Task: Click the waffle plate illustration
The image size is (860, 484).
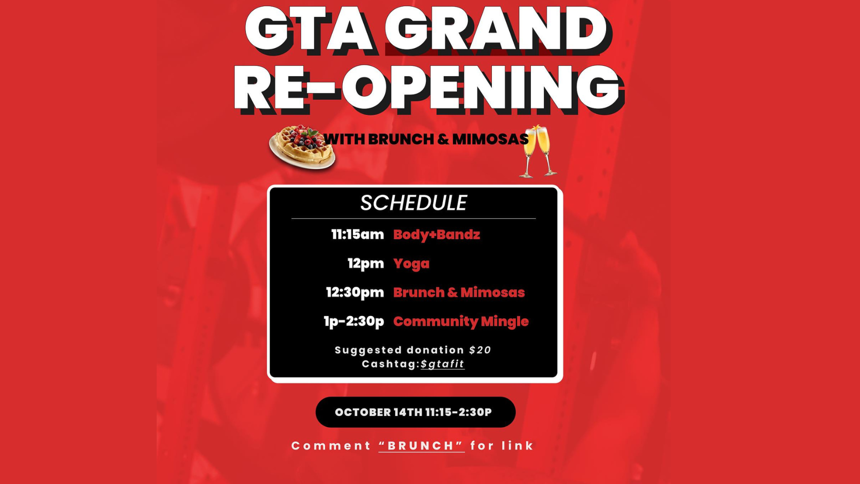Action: (x=302, y=147)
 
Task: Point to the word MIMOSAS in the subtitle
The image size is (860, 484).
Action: (x=490, y=139)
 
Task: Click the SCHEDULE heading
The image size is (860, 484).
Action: (x=414, y=203)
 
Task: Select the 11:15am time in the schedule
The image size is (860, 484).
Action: (x=357, y=234)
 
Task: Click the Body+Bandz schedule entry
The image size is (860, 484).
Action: (x=437, y=235)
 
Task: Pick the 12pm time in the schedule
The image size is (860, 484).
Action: (x=366, y=264)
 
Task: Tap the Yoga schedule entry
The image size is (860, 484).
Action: (x=411, y=264)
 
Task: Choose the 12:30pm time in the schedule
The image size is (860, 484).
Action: (x=355, y=293)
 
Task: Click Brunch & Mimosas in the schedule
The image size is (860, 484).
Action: (x=459, y=293)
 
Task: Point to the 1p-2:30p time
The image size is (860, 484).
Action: (x=354, y=321)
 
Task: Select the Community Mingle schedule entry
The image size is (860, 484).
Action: (x=461, y=322)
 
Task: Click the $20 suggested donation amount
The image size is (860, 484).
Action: (x=480, y=350)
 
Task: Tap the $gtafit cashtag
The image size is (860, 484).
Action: (x=443, y=364)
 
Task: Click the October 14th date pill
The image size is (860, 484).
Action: (x=416, y=412)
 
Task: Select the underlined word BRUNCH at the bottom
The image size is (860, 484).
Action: (x=421, y=446)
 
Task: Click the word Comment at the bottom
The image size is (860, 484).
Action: (x=331, y=446)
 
